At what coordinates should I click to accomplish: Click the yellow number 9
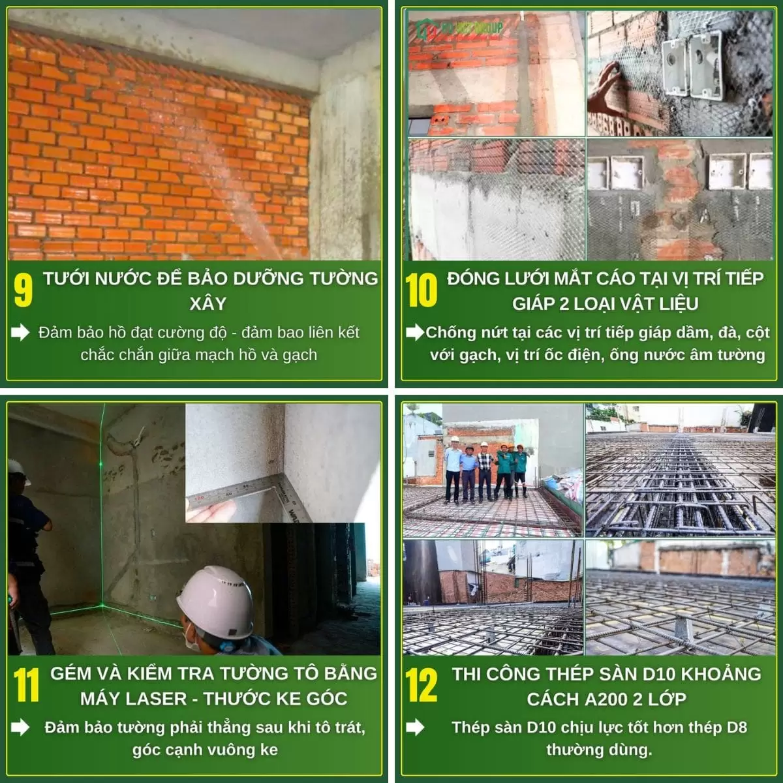pos(23,290)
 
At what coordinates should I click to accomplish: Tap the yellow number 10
pos(421,290)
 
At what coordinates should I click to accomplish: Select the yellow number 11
pos(26,686)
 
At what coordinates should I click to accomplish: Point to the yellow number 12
pos(421,686)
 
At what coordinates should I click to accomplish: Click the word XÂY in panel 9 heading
pos(207,303)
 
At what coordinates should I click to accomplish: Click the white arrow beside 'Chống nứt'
pos(415,332)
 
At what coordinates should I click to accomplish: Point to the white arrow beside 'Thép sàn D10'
pos(415,727)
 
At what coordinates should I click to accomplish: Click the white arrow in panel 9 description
pos(20,332)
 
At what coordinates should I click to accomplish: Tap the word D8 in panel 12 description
pos(737,728)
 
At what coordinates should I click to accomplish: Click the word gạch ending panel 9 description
pos(300,355)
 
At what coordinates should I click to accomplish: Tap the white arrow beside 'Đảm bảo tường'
pos(20,727)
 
